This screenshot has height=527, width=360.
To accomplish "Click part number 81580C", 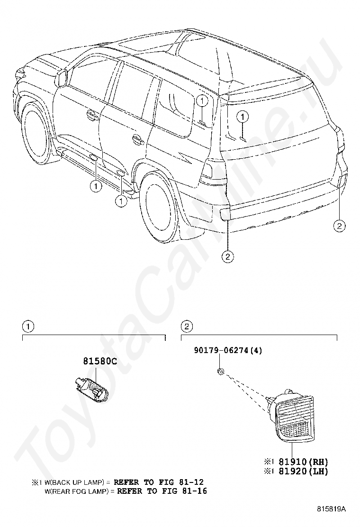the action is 100,361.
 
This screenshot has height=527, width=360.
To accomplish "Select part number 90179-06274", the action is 221,350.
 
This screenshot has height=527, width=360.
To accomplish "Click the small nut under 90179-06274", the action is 221,372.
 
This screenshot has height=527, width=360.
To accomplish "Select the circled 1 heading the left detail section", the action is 28,326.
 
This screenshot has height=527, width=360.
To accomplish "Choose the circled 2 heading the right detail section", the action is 187,326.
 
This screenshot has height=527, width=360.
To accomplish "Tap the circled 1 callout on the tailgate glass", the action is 243,117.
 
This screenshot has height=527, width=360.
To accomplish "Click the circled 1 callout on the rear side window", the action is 201,101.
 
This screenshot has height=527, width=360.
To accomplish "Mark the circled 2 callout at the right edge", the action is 339,226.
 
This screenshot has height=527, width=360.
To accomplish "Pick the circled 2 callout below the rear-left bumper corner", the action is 228,257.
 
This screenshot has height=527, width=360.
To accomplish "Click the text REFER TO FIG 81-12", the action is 159,482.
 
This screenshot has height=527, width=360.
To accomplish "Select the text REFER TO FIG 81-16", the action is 162,491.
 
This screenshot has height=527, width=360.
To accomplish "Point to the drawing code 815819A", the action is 331,509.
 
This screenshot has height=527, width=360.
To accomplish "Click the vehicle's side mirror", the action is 62,78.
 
